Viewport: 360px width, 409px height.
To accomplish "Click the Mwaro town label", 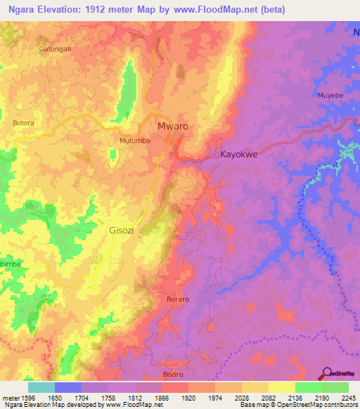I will click(x=173, y=126).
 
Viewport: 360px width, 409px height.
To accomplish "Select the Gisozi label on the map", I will click(x=124, y=230).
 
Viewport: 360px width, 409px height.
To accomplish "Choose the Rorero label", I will click(x=178, y=299).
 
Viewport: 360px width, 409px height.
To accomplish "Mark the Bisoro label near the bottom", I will click(x=172, y=375).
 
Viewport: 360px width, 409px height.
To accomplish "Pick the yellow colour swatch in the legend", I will click(x=281, y=387).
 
